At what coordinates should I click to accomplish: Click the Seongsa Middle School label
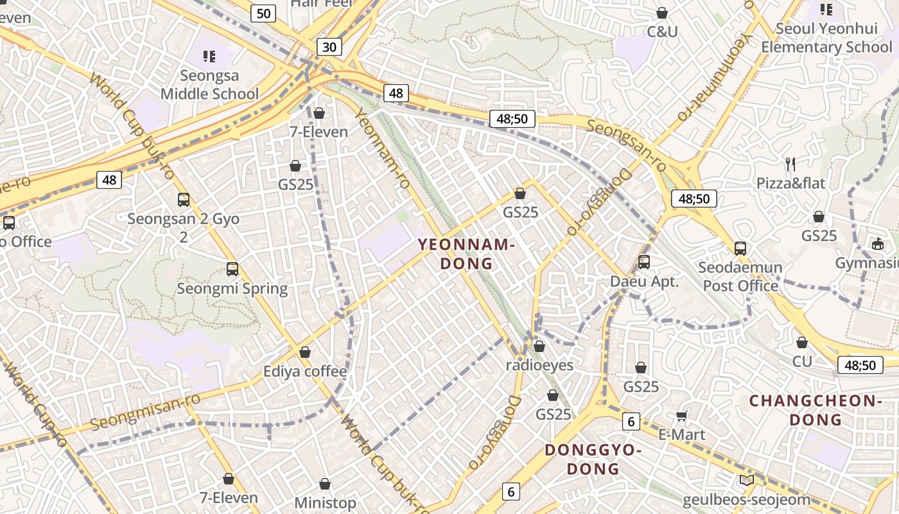coord(209,85)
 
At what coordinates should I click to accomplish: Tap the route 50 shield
coord(264,13)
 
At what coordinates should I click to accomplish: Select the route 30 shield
coord(329,47)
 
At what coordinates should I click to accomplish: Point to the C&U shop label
coord(662,31)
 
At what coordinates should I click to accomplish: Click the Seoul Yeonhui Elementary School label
coord(826,38)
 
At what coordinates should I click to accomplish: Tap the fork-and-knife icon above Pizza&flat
coord(790,164)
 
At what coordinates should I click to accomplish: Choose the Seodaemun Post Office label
coord(740,276)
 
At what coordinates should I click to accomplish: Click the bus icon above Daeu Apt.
coord(644,262)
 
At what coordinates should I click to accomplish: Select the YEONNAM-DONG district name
coord(467,254)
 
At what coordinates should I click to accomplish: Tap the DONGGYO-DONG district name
coord(593,459)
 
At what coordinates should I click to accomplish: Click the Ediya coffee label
coord(305,371)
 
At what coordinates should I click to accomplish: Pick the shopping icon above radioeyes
coord(539,347)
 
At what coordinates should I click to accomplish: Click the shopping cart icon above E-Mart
coord(682,416)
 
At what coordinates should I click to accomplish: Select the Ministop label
coord(325,502)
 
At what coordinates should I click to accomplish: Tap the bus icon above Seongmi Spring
coord(232,269)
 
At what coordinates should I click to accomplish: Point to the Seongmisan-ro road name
coord(145,412)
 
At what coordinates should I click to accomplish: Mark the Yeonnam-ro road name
coord(382,149)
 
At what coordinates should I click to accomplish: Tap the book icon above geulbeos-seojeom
coord(746,481)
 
